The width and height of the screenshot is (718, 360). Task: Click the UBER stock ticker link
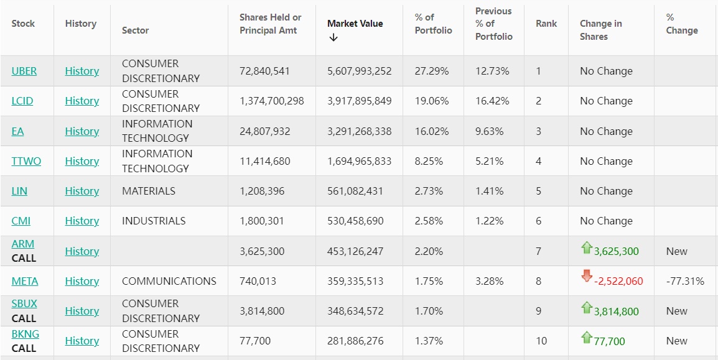[x=24, y=71]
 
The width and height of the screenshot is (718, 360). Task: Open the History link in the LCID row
[x=82, y=101]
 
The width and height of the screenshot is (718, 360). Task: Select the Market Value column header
[x=355, y=24]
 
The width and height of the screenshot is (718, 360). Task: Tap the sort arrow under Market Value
[x=333, y=37]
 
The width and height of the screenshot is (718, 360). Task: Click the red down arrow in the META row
[x=587, y=277]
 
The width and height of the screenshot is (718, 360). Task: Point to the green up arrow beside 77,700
[x=586, y=338]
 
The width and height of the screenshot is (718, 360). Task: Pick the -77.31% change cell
[x=685, y=281]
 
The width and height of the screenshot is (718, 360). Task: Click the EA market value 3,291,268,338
[x=360, y=131]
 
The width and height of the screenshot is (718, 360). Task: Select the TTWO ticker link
[x=26, y=161]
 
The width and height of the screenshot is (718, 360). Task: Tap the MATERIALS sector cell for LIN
[x=149, y=191]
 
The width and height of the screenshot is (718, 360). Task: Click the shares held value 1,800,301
[x=265, y=221]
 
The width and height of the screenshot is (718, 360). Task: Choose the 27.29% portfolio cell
[x=432, y=71]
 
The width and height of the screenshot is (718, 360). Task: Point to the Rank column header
[x=546, y=24]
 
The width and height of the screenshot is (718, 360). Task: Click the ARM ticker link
[x=23, y=244]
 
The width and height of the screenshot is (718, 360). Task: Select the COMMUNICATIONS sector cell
[x=169, y=281]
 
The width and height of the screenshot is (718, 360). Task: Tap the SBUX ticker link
[x=24, y=303]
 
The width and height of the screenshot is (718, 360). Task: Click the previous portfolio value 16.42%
[x=492, y=101]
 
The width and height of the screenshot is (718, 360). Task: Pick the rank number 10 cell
[x=541, y=341]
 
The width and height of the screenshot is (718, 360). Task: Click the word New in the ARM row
[x=677, y=251]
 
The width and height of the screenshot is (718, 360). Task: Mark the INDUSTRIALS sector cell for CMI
[x=154, y=221]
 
